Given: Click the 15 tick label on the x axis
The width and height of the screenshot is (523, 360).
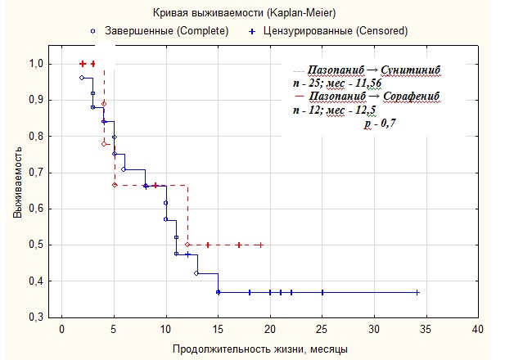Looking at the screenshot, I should coord(219,331).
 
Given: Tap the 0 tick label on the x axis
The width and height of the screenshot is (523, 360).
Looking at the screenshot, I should coord(61,331).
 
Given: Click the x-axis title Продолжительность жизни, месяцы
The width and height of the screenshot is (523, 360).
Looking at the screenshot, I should coord(259,349).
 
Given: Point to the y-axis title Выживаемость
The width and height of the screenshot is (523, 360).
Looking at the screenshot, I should coord(17,191).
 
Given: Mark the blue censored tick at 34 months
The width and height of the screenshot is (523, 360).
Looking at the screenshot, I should coord(417,292).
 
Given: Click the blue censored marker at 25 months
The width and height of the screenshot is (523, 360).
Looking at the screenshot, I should coord(322,292).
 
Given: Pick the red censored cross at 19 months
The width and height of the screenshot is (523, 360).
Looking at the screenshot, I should coord(260,245).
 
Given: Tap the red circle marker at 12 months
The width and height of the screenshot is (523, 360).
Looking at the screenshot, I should coord(187,245).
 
